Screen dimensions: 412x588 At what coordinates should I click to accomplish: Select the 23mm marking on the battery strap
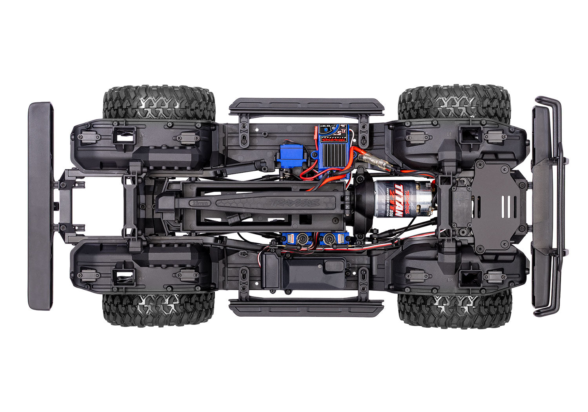pyautogui.click(x=201, y=203)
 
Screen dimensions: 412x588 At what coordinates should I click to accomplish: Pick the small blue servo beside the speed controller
pyautogui.click(x=290, y=157)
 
